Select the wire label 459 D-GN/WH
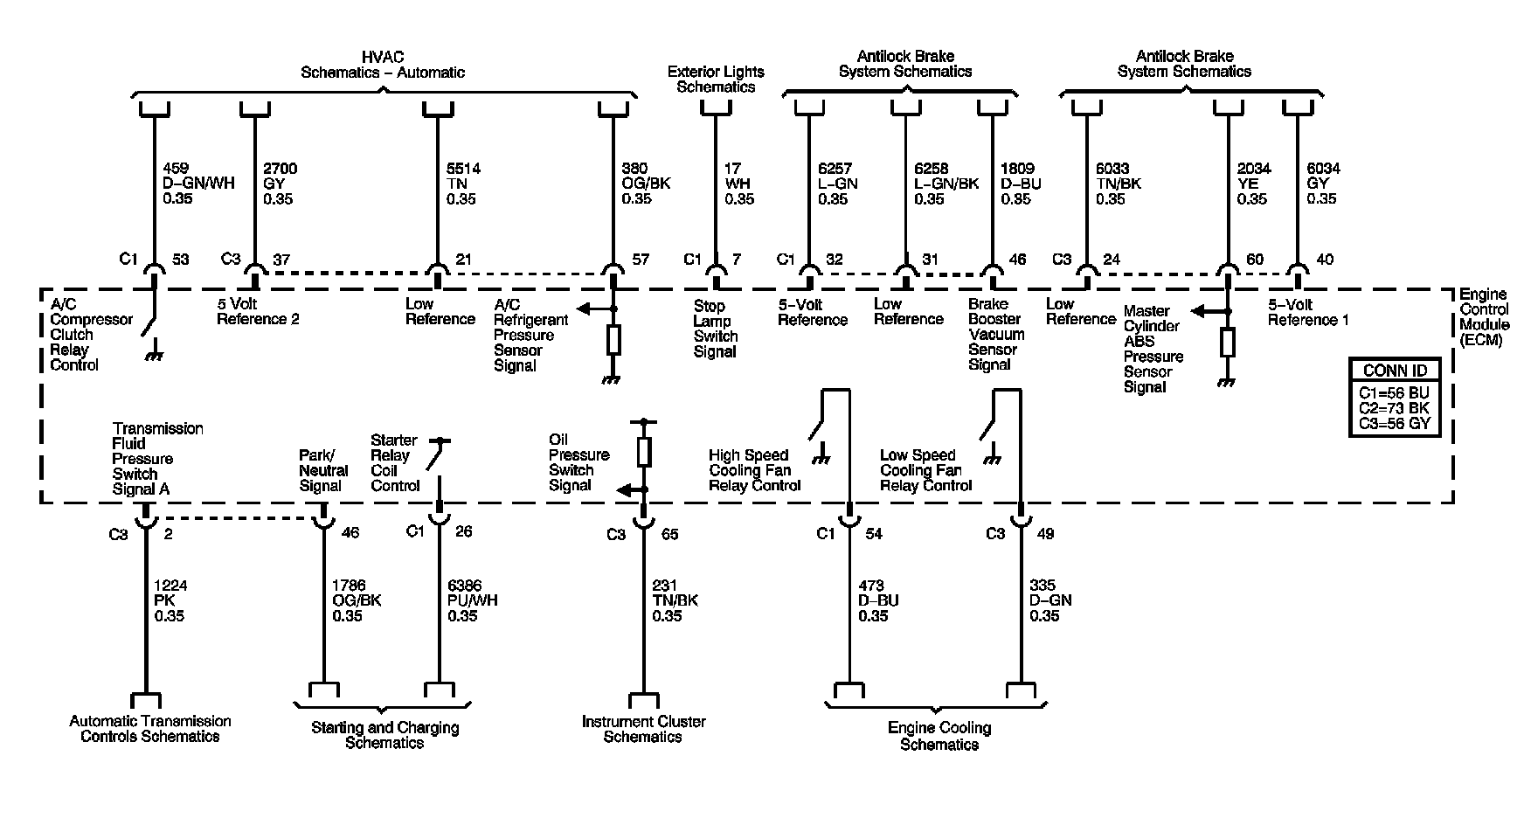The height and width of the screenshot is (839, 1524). [x=197, y=184]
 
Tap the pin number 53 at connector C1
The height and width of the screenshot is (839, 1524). [x=181, y=259]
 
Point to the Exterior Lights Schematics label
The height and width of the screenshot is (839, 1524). [x=716, y=80]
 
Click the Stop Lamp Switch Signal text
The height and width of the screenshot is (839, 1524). [x=716, y=329]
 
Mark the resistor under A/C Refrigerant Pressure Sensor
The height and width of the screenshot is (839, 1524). [x=613, y=339]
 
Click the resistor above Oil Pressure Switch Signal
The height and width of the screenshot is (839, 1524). [x=644, y=451]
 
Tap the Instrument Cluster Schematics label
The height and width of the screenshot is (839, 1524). [x=643, y=729]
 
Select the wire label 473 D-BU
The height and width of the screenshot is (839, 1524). [x=877, y=600]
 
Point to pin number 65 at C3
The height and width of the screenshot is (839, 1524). [x=669, y=534]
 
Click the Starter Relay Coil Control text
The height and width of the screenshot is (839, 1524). [x=394, y=462]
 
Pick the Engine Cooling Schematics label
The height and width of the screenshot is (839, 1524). [x=939, y=736]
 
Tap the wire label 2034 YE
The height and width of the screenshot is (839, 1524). [x=1252, y=184]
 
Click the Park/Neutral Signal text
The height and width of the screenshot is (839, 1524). [x=323, y=470]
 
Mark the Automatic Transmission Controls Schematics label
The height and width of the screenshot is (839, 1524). [x=150, y=729]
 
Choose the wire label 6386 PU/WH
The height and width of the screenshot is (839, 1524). [x=470, y=600]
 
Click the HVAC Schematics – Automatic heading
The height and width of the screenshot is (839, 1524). [x=383, y=65]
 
